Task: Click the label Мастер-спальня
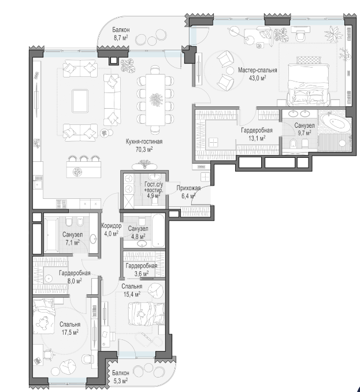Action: click(257, 71)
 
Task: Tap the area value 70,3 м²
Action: click(143, 149)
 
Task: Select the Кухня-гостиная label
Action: click(144, 142)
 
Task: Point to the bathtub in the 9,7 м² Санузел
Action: click(335, 123)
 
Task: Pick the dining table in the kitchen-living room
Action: click(155, 100)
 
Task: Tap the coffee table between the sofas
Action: click(80, 101)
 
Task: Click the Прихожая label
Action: click(188, 188)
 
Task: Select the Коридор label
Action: click(112, 225)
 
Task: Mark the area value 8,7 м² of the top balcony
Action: click(120, 38)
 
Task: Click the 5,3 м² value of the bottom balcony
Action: click(120, 381)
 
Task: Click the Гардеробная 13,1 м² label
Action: click(257, 134)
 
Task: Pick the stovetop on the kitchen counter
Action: click(61, 204)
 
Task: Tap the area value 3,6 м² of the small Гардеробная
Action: click(142, 273)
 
